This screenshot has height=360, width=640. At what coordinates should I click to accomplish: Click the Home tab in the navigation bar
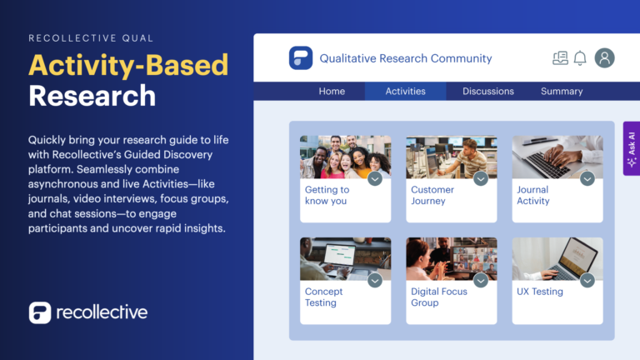tap(332, 92)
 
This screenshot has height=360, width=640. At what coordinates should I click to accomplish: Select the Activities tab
tap(405, 92)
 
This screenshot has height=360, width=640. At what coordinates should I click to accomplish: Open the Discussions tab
tap(488, 92)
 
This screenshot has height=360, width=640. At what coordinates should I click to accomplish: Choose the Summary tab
tap(562, 92)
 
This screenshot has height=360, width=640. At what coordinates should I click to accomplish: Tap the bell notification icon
tap(580, 58)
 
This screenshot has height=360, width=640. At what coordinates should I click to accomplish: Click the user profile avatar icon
tap(605, 58)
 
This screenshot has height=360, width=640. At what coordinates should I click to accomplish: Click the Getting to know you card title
tap(327, 195)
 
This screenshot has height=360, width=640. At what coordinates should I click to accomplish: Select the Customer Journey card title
tap(432, 195)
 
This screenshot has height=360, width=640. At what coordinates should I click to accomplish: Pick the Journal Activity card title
tap(533, 195)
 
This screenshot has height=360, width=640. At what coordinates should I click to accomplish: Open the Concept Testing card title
tap(324, 297)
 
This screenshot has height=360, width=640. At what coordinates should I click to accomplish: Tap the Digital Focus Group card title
tap(439, 297)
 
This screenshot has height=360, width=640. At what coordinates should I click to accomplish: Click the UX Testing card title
tap(540, 292)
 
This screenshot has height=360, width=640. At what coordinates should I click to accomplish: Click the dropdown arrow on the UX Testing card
tap(587, 281)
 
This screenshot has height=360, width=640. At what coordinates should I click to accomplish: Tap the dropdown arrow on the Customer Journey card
tap(481, 178)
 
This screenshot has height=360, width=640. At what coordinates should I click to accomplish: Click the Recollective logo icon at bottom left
tap(39, 313)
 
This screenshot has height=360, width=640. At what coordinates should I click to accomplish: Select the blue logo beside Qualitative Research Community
tap(301, 58)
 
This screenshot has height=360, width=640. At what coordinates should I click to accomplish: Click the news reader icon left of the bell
tap(560, 58)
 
